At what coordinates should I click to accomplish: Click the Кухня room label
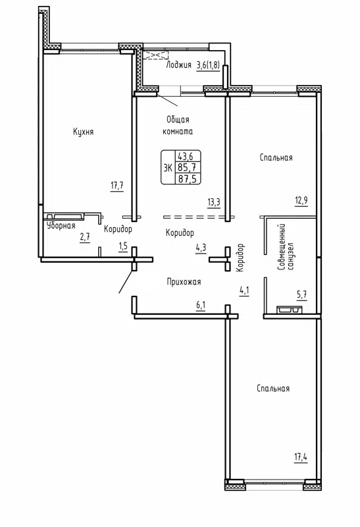coord(83,132)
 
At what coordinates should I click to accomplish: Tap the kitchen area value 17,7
coord(117,186)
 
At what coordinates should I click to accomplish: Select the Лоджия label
coord(178,65)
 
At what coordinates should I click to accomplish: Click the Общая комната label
coord(177,125)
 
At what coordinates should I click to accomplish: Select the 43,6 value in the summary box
coord(185,156)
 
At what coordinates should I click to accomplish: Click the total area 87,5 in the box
coord(185,178)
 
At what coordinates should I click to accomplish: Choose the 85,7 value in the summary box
coord(185,167)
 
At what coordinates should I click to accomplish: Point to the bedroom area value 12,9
coord(301,201)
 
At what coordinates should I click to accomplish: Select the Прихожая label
coord(183,281)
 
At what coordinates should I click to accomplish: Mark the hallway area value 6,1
coord(201,304)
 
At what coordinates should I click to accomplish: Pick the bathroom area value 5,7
coord(301,296)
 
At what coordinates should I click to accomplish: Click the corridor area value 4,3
coord(201,248)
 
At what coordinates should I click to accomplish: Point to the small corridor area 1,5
coord(122,246)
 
